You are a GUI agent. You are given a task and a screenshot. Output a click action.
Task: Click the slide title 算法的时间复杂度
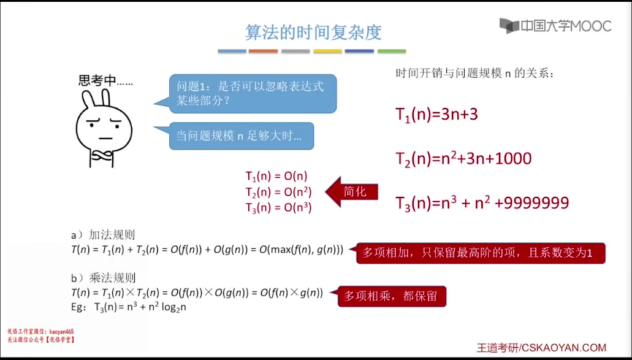(313, 33)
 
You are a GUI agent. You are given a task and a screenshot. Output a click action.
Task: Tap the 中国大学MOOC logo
(555, 26)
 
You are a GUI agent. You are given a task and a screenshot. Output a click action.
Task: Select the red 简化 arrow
(351, 192)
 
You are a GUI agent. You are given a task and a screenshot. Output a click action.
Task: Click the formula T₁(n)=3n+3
(436, 115)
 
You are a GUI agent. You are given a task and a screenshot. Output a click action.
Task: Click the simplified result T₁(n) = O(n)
(276, 176)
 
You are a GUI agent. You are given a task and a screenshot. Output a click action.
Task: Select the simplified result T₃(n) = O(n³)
(278, 208)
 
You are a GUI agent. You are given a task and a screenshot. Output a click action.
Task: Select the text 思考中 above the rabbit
(97, 80)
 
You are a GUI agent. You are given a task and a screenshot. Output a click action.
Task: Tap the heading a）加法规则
(103, 235)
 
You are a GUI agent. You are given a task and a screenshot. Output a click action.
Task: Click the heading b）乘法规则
(103, 278)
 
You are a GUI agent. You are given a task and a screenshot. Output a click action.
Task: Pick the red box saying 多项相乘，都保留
(392, 296)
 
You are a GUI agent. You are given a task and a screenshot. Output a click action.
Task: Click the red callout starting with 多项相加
(481, 253)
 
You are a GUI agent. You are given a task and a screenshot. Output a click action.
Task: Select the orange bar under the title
(263, 51)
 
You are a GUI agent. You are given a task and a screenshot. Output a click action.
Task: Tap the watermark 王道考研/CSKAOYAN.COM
(541, 348)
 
